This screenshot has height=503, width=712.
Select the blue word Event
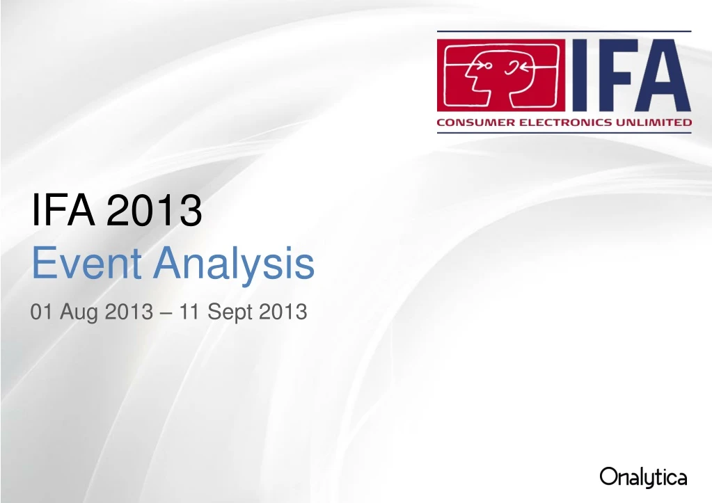88,264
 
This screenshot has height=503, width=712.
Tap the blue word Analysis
234,264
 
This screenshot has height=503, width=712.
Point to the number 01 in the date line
42,312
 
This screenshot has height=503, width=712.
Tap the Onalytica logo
643,478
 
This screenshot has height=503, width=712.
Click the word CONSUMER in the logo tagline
471,122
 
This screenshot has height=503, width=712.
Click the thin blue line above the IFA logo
564,32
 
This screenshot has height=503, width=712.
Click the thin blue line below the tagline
564,132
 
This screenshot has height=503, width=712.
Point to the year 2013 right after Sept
283,312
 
